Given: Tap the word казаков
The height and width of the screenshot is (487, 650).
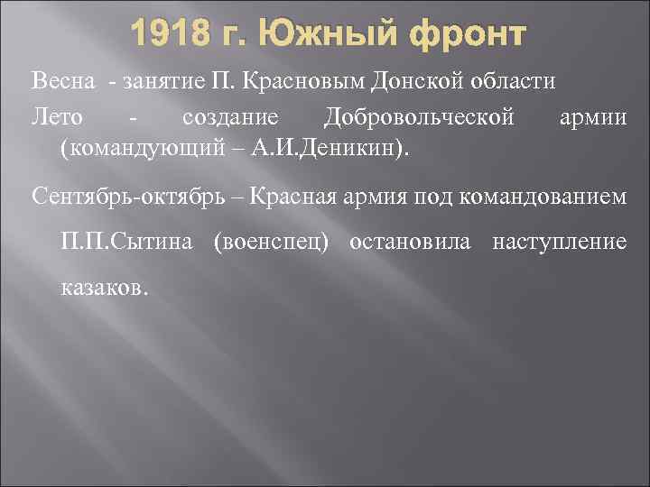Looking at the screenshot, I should click(x=100, y=289).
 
